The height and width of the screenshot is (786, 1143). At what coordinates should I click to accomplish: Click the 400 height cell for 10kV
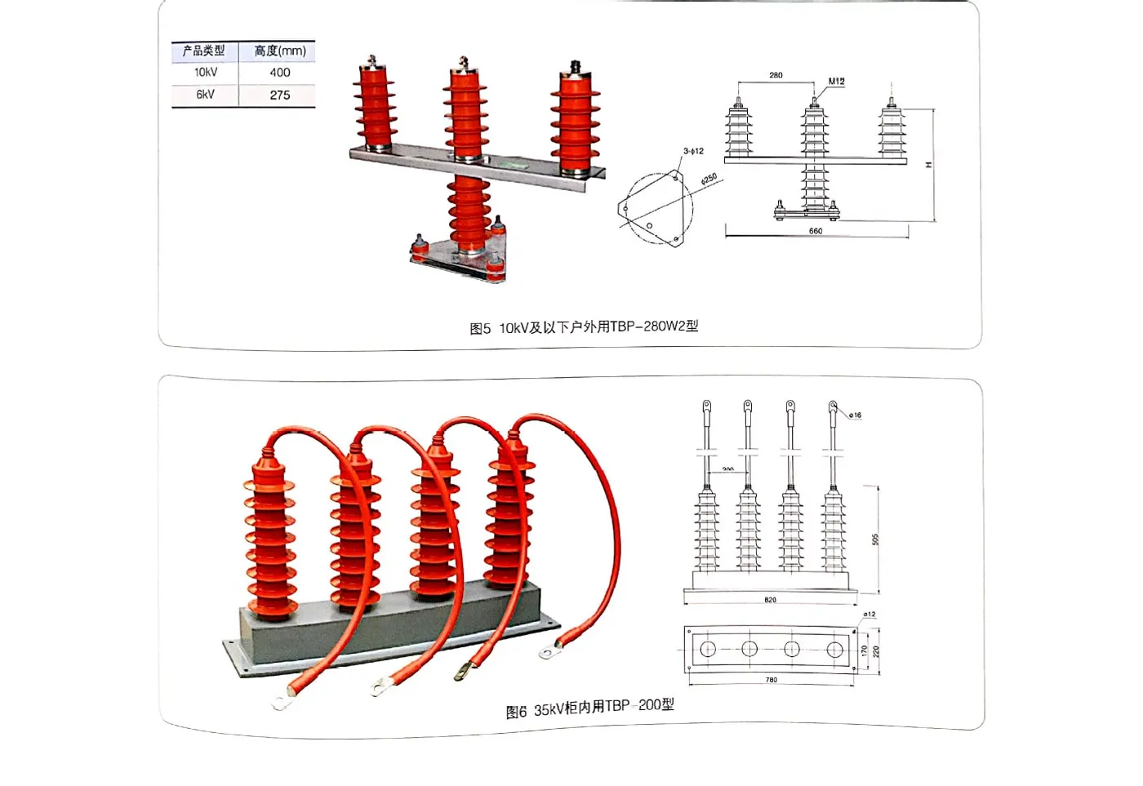pos(279,73)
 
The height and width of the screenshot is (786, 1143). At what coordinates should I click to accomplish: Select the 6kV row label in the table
pos(205,95)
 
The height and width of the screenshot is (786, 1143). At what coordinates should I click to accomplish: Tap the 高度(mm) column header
pos(279,51)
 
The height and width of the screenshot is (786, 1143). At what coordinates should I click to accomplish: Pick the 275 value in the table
pos(279,95)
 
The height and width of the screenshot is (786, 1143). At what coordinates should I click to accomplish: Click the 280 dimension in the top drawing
pos(776,75)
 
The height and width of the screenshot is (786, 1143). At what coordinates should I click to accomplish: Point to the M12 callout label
pos(836,81)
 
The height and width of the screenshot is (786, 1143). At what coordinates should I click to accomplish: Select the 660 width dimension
pos(816,231)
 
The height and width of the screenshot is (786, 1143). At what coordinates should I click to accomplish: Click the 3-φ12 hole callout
pos(693,151)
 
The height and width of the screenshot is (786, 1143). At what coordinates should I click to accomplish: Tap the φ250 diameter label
pos(709,178)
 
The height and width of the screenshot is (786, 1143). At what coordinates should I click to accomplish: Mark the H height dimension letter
pos(928,165)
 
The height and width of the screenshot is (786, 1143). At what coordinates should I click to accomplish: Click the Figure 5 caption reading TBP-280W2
pos(584,327)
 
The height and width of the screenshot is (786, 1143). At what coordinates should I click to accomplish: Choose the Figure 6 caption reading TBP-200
pos(589,708)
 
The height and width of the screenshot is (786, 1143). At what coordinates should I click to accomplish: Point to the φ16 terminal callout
pos(855,415)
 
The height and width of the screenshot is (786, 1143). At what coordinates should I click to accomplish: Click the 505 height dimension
pos(875,540)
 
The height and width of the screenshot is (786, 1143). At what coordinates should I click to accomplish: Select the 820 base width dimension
pos(770,600)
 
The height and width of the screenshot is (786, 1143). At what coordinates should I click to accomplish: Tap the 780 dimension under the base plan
pos(772,680)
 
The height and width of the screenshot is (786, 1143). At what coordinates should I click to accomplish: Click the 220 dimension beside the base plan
pos(876,651)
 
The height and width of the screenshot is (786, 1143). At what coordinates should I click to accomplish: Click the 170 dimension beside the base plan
pos(864,651)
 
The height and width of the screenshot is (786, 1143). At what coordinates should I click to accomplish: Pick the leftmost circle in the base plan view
pos(708,649)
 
